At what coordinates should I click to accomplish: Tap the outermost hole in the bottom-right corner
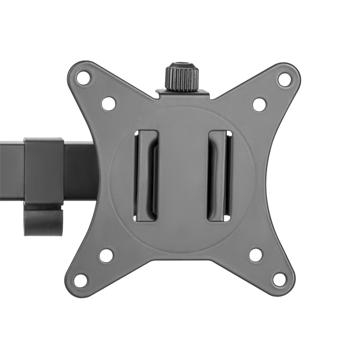click(x=279, y=277)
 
